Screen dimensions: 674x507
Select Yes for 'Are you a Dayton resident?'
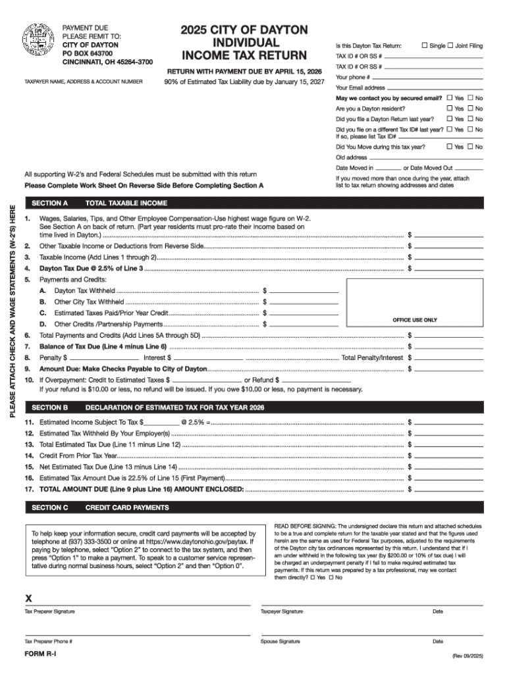pyautogui.click(x=450, y=108)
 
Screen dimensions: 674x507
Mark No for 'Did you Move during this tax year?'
pyautogui.click(x=471, y=147)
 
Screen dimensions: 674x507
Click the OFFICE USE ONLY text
pyautogui.click(x=415, y=320)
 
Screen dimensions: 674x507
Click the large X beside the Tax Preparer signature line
pyautogui.click(x=28, y=599)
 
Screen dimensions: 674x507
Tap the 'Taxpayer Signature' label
pyautogui.click(x=282, y=611)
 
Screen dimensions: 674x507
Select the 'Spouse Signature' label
pyautogui.click(x=280, y=641)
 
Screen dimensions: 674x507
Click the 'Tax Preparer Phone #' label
pyautogui.click(x=49, y=641)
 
